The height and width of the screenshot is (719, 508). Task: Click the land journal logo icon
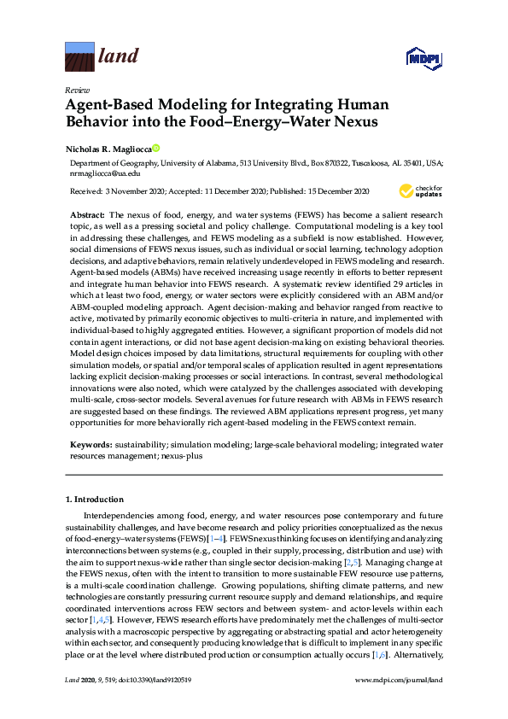tap(79, 57)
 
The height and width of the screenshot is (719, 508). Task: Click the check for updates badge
tap(422, 190)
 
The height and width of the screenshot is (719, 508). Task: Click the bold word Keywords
tap(89, 446)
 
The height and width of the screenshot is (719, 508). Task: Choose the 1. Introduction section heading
tap(95, 500)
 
